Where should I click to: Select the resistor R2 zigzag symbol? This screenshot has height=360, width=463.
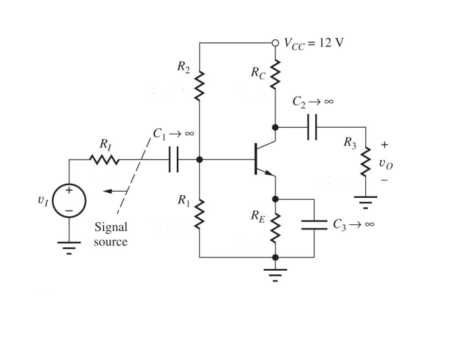point(200,84)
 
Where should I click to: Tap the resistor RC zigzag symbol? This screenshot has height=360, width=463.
point(275,76)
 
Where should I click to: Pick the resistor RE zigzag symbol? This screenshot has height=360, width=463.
point(275,228)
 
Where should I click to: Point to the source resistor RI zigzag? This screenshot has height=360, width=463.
point(106,160)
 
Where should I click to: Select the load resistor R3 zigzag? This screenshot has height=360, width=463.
point(366,161)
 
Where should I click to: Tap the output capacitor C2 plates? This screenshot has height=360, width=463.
point(312,127)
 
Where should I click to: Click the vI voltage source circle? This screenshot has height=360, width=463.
point(69,201)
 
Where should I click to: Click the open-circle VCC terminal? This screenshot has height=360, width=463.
point(275,43)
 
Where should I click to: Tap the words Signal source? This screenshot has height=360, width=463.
point(110,234)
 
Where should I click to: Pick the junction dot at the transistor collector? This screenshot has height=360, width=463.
point(275,127)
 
